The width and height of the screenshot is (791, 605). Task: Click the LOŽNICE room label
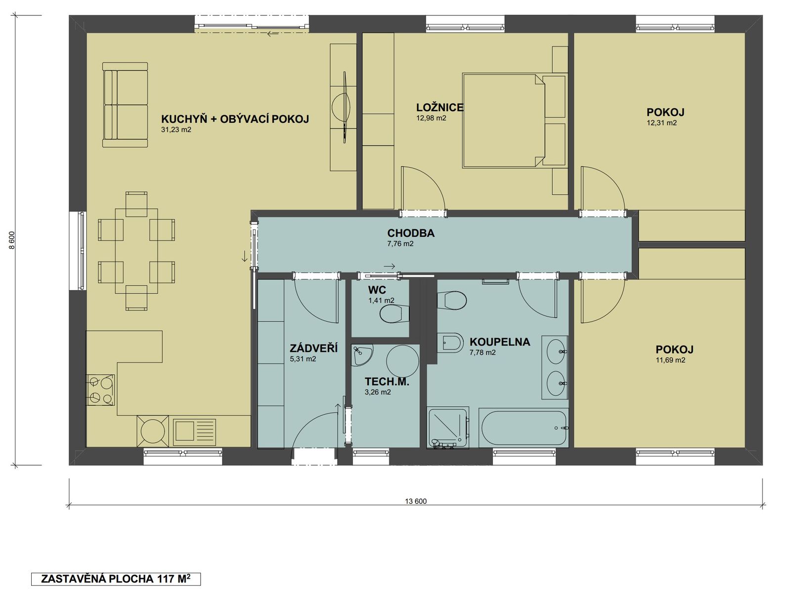[x=439, y=107]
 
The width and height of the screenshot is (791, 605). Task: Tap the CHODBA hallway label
[x=411, y=233]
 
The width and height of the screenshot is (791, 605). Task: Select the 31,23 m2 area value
[x=176, y=130]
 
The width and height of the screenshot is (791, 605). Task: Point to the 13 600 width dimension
[x=416, y=501]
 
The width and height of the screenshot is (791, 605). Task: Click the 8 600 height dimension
[x=12, y=240]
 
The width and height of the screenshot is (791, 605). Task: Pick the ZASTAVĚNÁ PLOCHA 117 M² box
[x=116, y=579]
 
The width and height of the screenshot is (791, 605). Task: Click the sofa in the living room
[x=125, y=105]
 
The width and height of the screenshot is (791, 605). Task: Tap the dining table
[x=136, y=251]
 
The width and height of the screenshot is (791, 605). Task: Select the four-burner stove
[x=100, y=390]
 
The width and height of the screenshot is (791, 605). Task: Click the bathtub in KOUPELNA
[x=524, y=428]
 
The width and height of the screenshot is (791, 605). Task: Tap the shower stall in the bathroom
[x=448, y=428]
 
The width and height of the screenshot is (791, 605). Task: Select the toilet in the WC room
[x=395, y=314]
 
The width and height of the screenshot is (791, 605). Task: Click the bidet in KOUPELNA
[x=450, y=343]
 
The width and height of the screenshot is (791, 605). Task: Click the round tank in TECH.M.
[x=402, y=361]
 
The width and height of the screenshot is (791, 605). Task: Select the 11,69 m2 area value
[x=670, y=360]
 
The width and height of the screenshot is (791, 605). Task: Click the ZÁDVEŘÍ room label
[x=313, y=348]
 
